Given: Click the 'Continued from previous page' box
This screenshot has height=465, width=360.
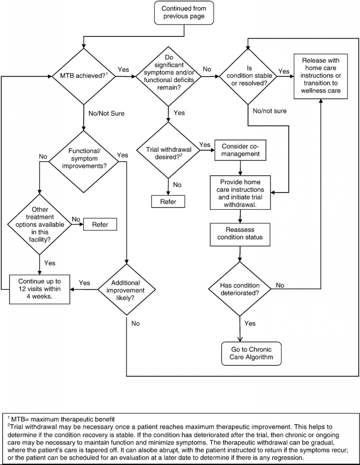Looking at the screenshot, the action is coord(184,12).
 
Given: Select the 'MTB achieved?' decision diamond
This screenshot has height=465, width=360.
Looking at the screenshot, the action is coord(84,76).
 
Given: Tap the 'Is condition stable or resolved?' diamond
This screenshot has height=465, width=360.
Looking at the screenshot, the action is coord(248,76).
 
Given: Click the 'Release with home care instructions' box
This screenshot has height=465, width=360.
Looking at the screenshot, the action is coord(320,76).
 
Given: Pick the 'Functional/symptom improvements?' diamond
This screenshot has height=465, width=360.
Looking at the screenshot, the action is coord(84,162).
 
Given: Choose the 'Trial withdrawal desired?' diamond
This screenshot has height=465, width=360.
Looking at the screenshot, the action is coord(168,150).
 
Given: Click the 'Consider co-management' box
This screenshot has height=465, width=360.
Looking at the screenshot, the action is coord(240,150).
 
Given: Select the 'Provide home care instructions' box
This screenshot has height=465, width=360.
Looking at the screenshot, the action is coord(240,193).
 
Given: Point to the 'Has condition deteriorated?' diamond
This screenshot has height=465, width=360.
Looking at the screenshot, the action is coord(240,289).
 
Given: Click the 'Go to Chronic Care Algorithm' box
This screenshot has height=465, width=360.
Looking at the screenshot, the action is coord(251,353).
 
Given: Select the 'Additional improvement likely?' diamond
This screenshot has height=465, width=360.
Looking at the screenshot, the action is coord(126,289).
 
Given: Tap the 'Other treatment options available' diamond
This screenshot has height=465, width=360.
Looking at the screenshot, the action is coord(40,224).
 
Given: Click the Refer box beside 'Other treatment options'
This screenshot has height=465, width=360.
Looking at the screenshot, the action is coord(100,224).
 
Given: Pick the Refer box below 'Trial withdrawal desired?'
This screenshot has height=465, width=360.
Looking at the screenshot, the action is coord(168,202).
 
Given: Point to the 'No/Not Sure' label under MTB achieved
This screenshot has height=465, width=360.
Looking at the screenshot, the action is coord(106,113).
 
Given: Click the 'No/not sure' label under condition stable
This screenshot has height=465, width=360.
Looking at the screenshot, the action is coord(270,111).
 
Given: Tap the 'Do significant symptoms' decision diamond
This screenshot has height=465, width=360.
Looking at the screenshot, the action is coord(168,76).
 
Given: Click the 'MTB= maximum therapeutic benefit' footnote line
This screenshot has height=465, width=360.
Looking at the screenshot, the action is coord(61,419).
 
